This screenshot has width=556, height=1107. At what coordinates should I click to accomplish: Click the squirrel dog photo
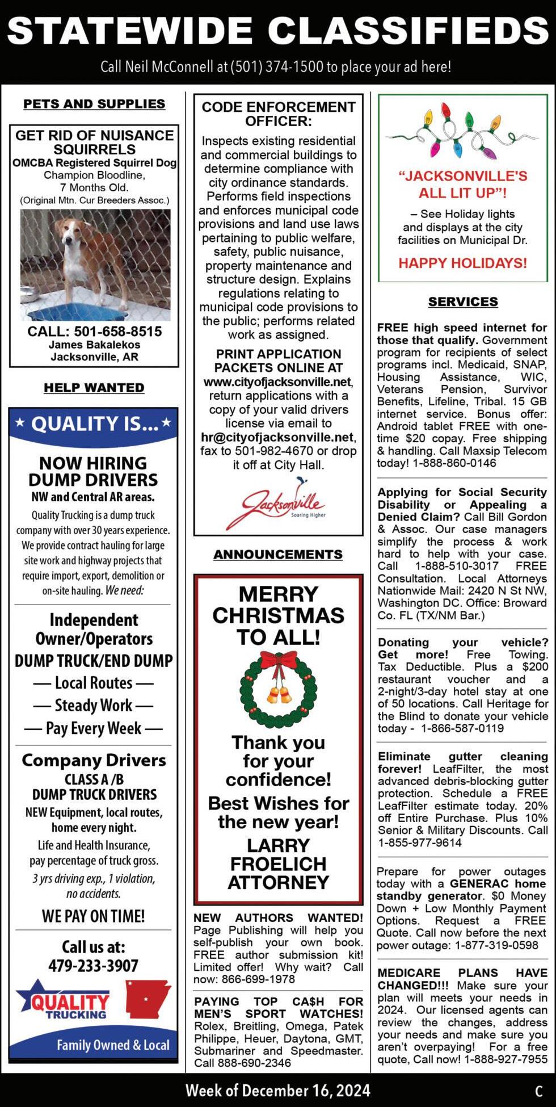point(95,265)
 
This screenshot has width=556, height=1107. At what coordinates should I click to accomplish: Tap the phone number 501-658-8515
point(118,332)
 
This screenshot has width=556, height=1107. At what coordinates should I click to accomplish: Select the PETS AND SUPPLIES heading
point(94,104)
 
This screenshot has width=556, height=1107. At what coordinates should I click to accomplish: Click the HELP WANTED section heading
point(94,388)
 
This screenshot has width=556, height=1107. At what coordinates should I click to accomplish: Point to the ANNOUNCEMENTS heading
point(278,554)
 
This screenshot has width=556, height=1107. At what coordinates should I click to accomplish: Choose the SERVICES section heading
point(463,301)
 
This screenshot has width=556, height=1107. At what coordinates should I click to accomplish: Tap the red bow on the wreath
point(278,661)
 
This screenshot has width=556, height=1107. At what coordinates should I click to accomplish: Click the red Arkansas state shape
point(147,999)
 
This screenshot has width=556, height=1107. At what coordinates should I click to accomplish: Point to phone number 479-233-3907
point(94,966)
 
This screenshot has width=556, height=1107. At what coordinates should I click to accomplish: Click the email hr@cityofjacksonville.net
point(277,437)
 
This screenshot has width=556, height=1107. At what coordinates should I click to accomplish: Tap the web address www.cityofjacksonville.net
point(277,381)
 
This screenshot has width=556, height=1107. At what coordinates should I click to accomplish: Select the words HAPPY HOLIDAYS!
point(462,263)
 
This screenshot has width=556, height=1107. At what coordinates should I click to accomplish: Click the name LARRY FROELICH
point(278,854)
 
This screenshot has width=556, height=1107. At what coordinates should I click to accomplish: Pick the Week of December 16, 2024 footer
point(278,1091)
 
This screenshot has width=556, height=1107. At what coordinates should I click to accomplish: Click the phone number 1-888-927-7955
point(506,1059)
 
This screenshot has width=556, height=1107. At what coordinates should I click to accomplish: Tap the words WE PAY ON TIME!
point(94,916)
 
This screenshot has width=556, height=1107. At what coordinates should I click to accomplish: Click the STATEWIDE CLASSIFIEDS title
point(278,31)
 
